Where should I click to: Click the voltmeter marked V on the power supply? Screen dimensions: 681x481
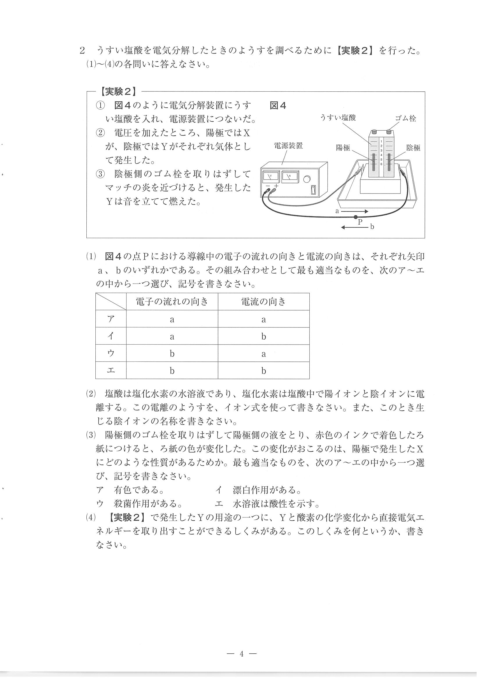pyautogui.click(x=271, y=177)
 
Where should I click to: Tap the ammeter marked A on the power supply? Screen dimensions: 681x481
pyautogui.click(x=290, y=177)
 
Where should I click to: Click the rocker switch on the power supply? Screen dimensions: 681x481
pyautogui.click(x=313, y=189)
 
